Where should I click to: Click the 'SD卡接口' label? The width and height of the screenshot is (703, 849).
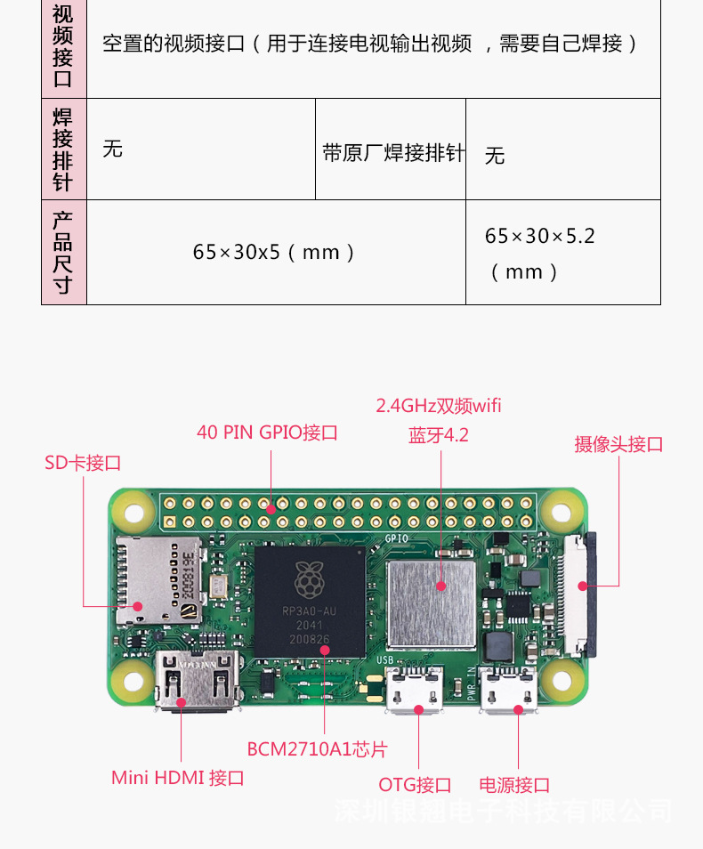point(83,463)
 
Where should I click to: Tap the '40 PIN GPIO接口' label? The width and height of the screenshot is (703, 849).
point(267,433)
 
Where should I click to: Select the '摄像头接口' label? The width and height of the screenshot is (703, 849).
point(618,444)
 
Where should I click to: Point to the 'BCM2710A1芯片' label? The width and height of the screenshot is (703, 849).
point(317,749)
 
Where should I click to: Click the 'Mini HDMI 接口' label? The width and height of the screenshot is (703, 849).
point(177,778)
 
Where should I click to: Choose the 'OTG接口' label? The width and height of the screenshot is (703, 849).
point(415,785)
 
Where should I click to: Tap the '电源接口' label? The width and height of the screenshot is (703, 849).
point(514,785)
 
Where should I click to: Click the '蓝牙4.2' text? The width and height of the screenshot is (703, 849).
point(438,435)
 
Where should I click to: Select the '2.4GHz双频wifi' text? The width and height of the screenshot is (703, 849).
point(438,406)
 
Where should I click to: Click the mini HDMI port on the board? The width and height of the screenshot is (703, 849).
point(197,682)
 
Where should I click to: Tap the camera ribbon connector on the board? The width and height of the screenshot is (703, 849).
point(579,586)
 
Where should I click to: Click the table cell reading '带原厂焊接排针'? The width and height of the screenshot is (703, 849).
point(392,153)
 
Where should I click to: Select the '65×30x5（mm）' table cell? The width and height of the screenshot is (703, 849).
point(275,253)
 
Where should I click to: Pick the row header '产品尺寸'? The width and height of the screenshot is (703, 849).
point(63,253)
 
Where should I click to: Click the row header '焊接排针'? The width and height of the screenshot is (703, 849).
point(63,150)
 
